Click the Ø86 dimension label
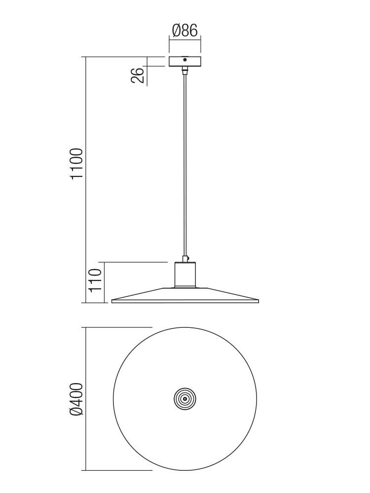pos(185,31)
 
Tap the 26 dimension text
pos(138,75)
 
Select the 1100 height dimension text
pos(77,164)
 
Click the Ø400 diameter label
pos(77,399)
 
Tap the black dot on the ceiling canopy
pos(185,60)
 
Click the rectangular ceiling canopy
pos(185,61)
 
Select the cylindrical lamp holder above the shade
pos(185,274)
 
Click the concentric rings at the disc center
pos(185,399)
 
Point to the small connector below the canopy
pos(185,70)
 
